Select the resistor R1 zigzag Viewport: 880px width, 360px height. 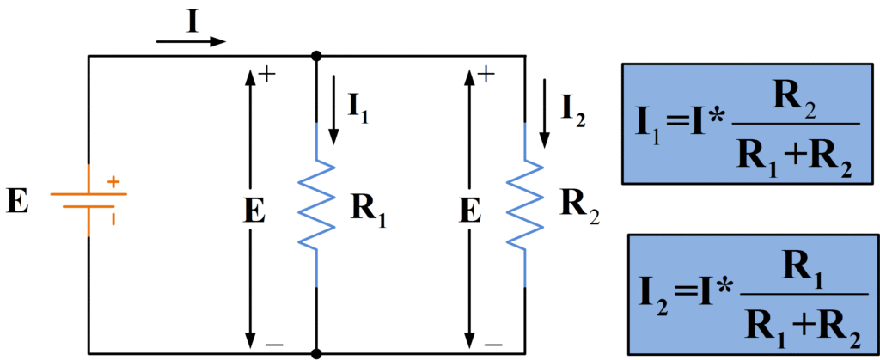click(x=318, y=204)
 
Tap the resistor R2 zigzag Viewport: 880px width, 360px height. click(x=524, y=204)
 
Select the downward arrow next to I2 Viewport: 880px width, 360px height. click(x=544, y=112)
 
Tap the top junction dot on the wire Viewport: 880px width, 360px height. click(x=317, y=56)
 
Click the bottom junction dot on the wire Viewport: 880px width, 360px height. click(x=317, y=353)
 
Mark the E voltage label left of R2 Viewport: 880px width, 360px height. click(x=469, y=211)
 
